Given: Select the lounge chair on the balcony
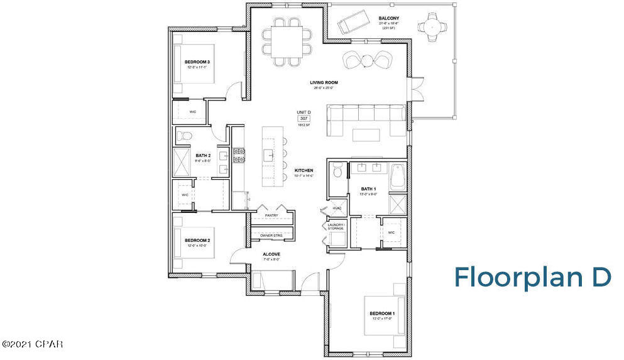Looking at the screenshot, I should (x=350, y=25).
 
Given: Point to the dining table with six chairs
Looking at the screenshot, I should (x=286, y=42).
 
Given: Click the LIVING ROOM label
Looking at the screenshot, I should (x=324, y=82).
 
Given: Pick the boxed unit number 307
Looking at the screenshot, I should (x=304, y=118).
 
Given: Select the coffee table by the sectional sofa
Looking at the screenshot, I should (x=366, y=134).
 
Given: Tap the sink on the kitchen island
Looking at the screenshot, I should (x=268, y=154).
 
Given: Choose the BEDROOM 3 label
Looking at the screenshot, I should (x=197, y=62).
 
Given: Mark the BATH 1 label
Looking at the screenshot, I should (x=368, y=188).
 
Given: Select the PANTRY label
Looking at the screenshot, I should (x=271, y=215).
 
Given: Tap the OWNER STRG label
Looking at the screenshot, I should (x=271, y=236).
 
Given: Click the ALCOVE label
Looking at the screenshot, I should (x=271, y=254).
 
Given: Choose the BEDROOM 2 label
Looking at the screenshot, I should (x=197, y=240).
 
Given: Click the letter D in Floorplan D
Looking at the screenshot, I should (x=600, y=277).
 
